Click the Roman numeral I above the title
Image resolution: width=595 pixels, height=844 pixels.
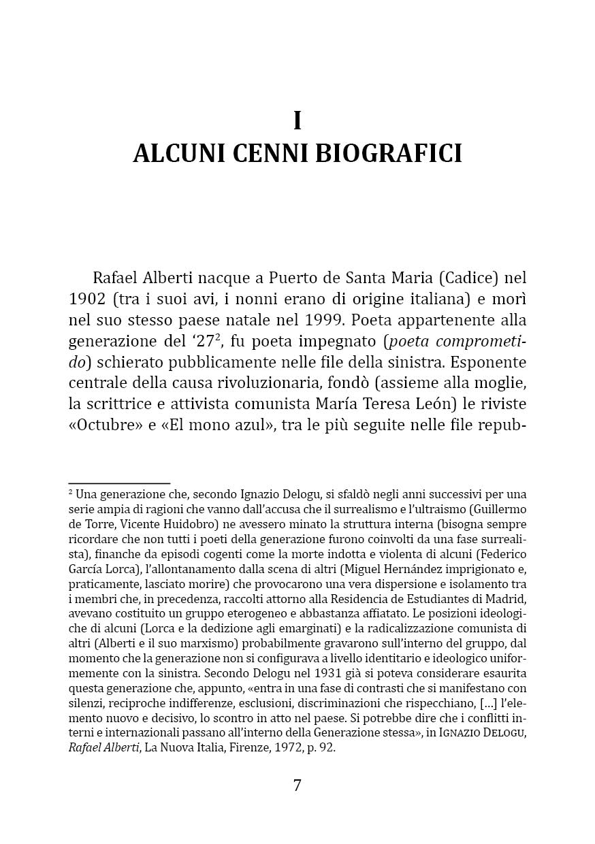tap(297, 120)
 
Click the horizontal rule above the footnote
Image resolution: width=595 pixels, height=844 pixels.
tap(119, 483)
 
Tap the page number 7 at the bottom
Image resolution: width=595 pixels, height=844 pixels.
tap(297, 785)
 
